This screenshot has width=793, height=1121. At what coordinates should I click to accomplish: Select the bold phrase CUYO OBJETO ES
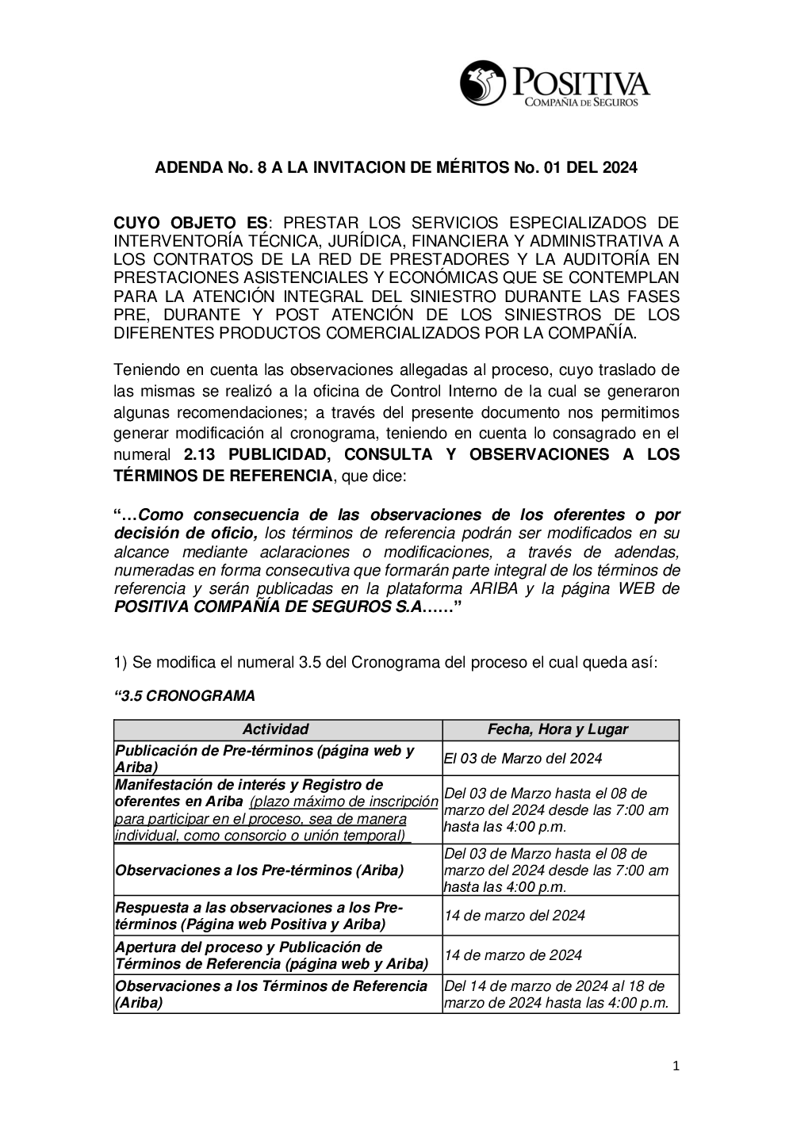pyautogui.click(x=191, y=222)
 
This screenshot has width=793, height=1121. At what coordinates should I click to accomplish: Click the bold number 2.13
pyautogui.click(x=201, y=454)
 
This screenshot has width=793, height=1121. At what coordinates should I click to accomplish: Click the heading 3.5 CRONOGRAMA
pyautogui.click(x=186, y=696)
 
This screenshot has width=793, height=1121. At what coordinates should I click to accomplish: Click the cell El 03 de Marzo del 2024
pyautogui.click(x=523, y=758)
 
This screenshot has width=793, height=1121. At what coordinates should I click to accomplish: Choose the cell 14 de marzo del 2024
pyautogui.click(x=515, y=916)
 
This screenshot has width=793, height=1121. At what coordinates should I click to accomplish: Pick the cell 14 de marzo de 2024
pyautogui.click(x=513, y=955)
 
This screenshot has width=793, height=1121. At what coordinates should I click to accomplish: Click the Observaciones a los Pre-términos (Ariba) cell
pyautogui.click(x=259, y=870)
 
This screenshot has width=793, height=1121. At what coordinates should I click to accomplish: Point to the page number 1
pyautogui.click(x=676, y=1066)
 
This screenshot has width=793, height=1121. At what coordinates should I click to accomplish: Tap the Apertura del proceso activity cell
pyautogui.click(x=272, y=955)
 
